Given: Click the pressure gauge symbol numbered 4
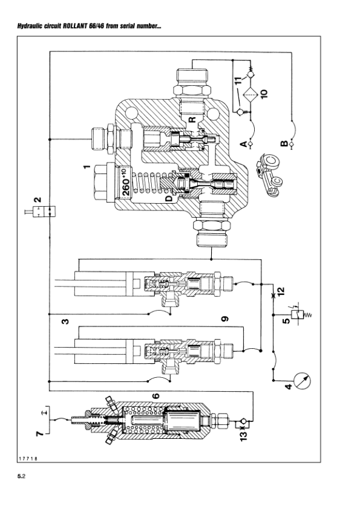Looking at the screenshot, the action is (301, 381).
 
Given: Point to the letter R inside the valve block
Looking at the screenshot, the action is (192, 120).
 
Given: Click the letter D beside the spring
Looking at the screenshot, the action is (169, 197).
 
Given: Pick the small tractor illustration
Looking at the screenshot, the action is (269, 176).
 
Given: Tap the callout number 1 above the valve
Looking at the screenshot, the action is (87, 167).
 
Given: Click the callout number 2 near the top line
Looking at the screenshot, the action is (38, 200).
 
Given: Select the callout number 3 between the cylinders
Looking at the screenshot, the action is (65, 322).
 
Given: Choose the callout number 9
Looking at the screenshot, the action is (224, 319).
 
